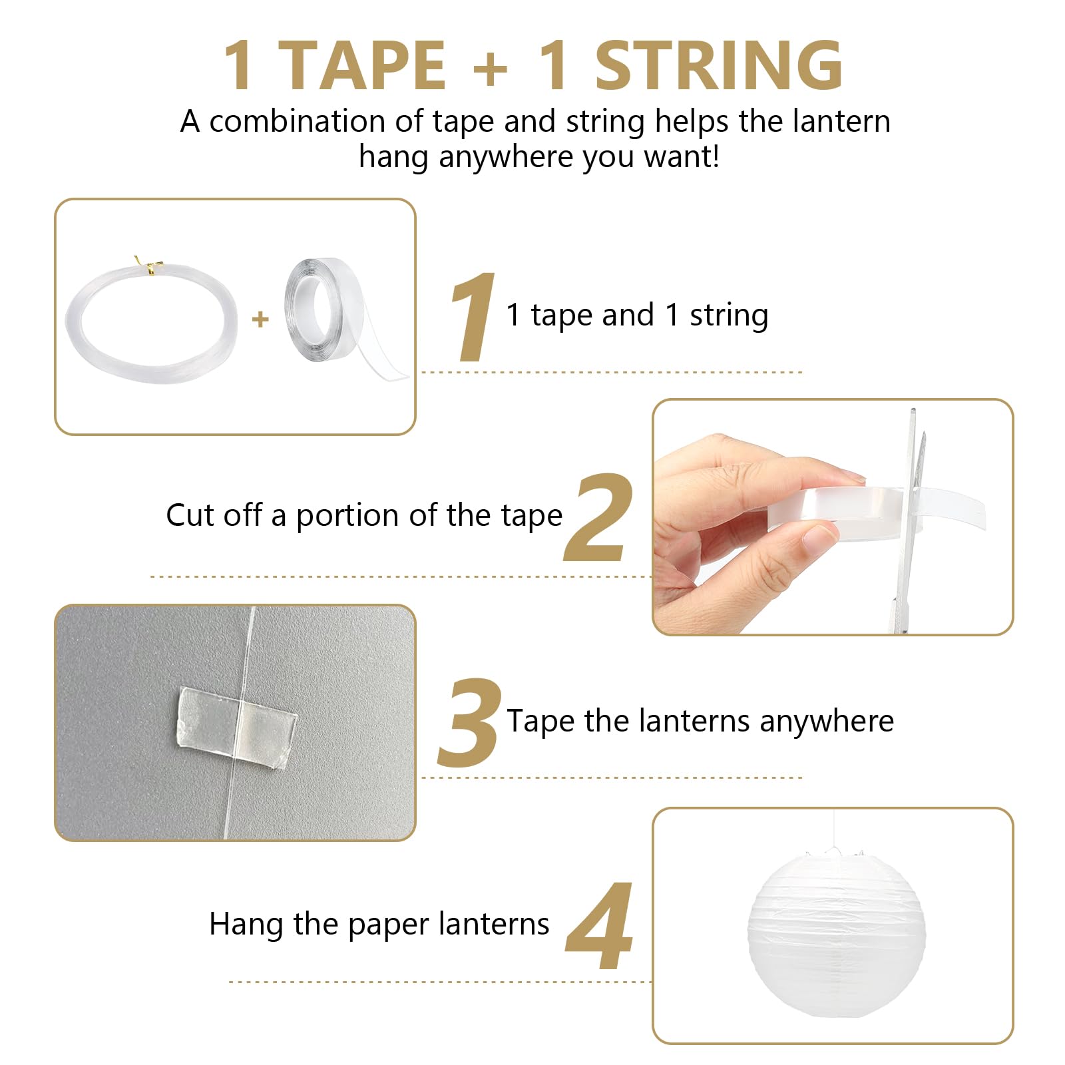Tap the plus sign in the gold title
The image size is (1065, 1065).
point(491,67)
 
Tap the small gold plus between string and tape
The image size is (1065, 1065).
point(260,319)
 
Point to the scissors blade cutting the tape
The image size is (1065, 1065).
point(910,506)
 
